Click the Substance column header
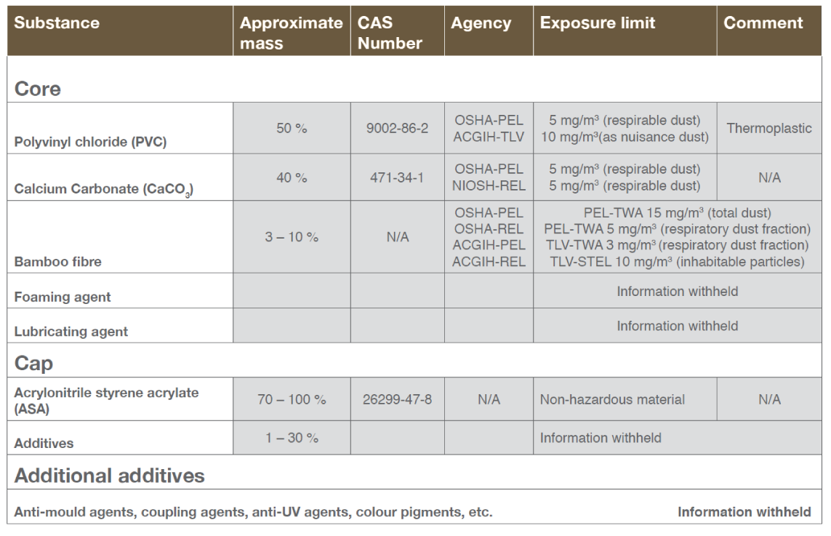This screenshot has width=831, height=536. (57, 23)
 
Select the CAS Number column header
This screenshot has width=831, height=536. (390, 33)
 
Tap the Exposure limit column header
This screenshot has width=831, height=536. (597, 23)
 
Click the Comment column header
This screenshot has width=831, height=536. (763, 23)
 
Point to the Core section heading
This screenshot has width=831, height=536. (38, 89)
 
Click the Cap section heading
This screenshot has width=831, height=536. (33, 362)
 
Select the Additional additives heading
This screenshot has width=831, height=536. (110, 476)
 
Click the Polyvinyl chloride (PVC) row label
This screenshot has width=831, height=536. (90, 142)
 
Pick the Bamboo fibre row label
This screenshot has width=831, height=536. (57, 262)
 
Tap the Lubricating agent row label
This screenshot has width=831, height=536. (71, 332)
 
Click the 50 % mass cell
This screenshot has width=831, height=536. (292, 128)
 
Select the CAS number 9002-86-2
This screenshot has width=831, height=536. (397, 128)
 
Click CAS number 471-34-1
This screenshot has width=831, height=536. (397, 177)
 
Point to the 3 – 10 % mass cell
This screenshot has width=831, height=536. (292, 237)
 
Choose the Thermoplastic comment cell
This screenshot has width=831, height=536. (769, 128)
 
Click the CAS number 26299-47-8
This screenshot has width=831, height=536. (397, 399)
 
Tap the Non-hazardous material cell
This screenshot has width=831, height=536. (612, 399)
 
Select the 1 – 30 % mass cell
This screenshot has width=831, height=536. (292, 438)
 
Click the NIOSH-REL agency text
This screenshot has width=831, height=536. (489, 185)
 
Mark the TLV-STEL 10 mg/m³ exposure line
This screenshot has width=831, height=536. (677, 262)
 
